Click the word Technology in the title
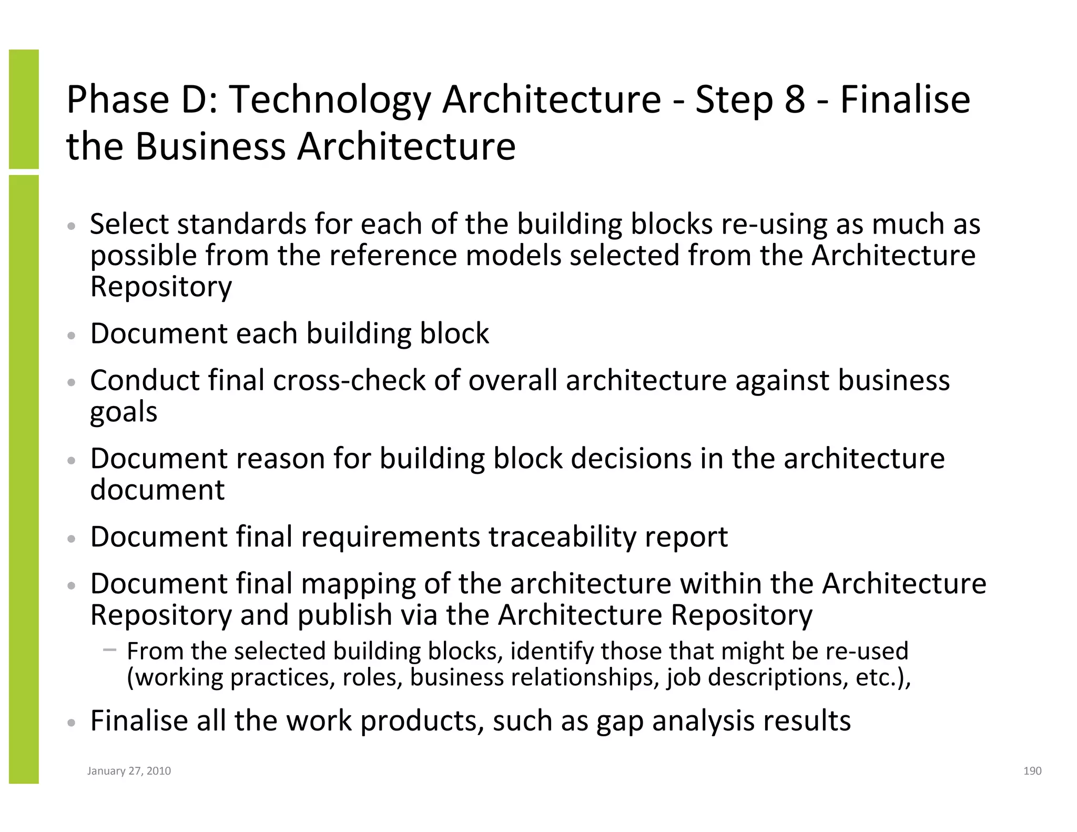(330, 100)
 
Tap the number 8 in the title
(795, 100)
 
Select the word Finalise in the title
(905, 100)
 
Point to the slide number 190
(1032, 771)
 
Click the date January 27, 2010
(129, 771)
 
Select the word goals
(124, 412)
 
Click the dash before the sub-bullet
(109, 650)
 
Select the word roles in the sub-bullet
(372, 677)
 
